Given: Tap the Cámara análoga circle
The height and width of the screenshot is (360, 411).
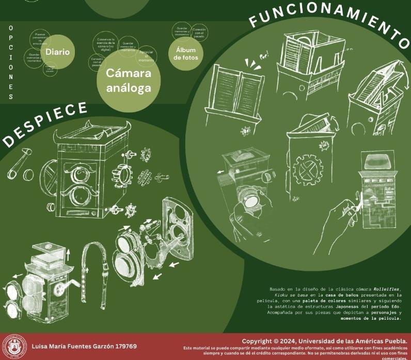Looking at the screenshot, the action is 129,81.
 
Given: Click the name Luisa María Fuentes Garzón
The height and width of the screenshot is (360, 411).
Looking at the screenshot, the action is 72,346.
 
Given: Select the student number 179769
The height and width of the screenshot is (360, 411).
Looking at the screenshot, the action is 125,346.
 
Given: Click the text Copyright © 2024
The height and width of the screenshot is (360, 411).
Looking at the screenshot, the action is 266,341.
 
